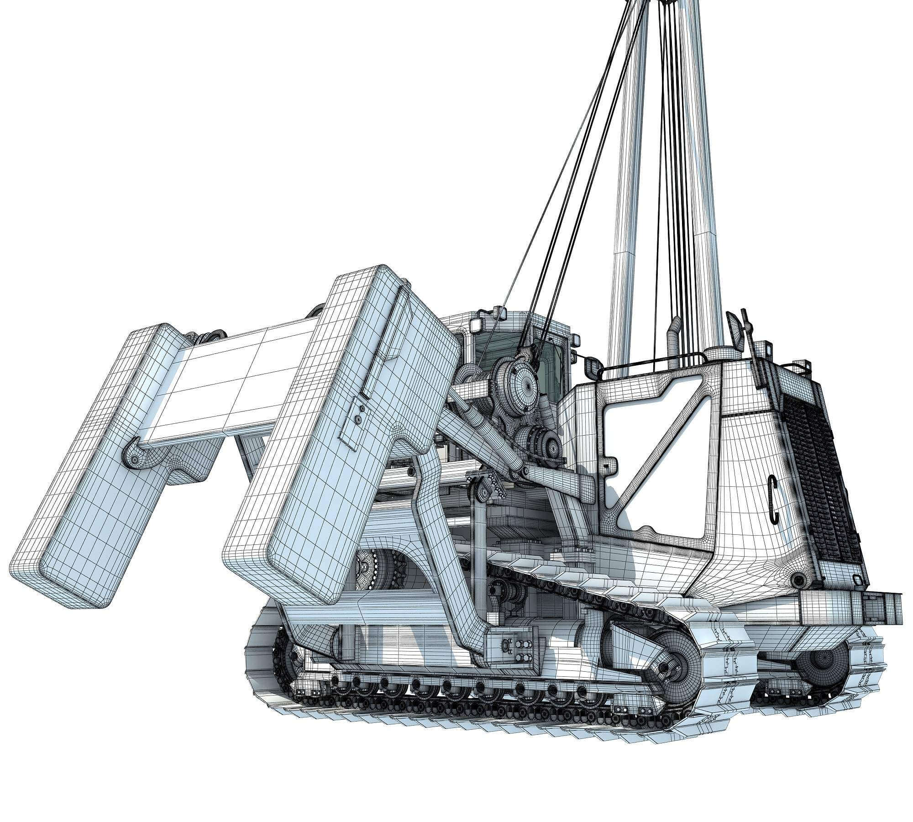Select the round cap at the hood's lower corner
tap(798, 580)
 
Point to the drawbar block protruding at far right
tap(881, 607)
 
